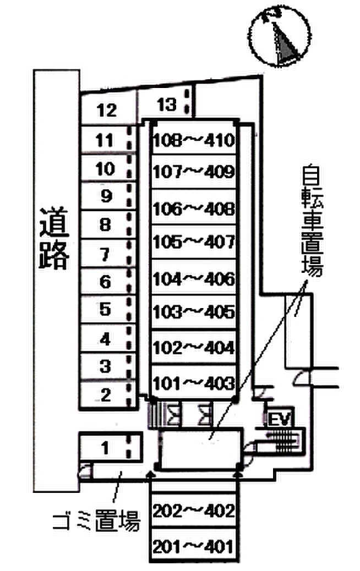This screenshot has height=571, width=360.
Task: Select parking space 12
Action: click(107, 111)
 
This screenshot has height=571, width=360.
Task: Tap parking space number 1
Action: click(106, 448)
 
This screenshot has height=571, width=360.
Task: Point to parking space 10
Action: click(105, 168)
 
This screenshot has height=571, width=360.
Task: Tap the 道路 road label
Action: click(54, 238)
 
